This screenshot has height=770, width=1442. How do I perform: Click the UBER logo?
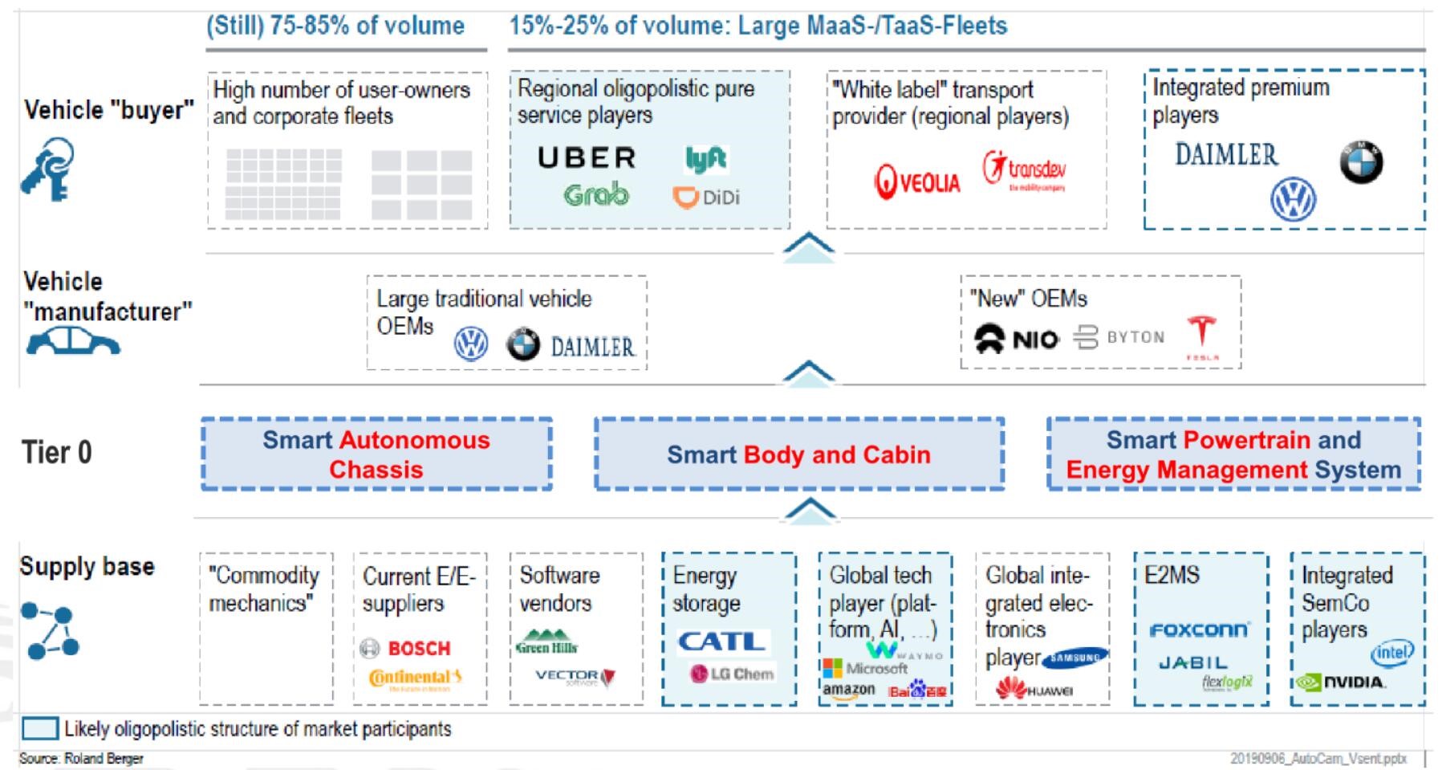[x=587, y=158]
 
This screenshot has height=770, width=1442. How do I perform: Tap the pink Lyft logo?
[x=705, y=159]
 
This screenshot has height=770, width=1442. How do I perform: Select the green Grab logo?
[x=596, y=195]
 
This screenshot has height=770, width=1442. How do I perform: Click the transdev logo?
[x=1025, y=169]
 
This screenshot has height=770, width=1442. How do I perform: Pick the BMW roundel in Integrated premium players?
[x=1361, y=162]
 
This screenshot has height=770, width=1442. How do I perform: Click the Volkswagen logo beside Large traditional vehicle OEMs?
[x=471, y=344]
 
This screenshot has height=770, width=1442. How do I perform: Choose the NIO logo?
[x=1016, y=339]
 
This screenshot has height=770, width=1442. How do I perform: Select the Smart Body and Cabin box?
[x=798, y=454]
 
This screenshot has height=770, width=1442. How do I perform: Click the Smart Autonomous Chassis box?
[x=376, y=454]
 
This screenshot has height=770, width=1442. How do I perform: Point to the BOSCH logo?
[x=406, y=648]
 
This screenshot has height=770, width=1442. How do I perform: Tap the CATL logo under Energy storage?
[x=722, y=642]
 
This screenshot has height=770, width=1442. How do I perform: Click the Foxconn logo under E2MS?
[x=1199, y=630]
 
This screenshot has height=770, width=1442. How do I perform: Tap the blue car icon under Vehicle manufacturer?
[x=72, y=342]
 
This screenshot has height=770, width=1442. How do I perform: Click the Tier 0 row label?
[x=56, y=453]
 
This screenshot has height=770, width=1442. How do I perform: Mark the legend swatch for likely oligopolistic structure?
[x=39, y=728]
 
